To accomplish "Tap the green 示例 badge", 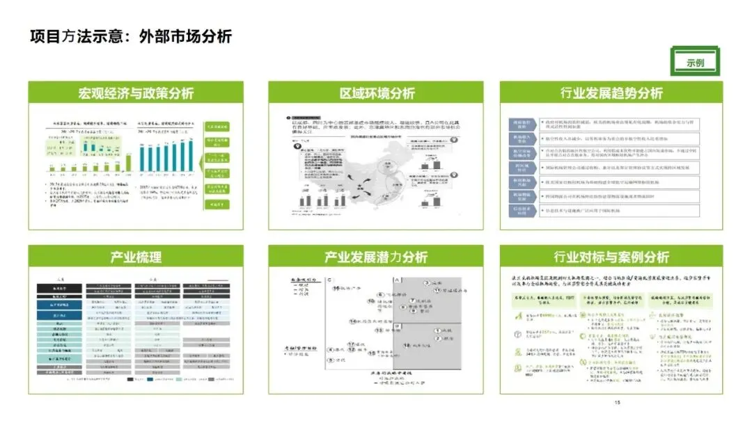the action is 694,62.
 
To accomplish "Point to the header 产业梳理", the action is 136,257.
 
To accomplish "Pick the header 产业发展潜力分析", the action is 377,257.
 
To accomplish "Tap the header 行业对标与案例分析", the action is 611,257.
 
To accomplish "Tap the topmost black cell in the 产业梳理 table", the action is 58,287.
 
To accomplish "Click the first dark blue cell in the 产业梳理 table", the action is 58,305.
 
